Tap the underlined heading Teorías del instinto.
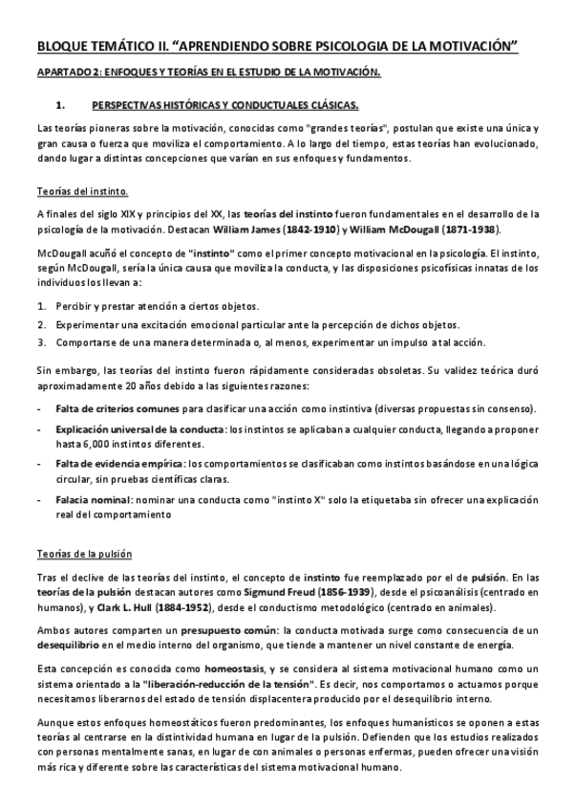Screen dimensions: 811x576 point(81,190)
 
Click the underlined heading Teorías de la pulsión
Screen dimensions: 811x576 point(84,554)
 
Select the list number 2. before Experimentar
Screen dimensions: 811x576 point(42,324)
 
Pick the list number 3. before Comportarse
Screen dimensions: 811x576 point(42,342)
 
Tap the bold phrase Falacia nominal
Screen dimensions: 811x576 point(94,499)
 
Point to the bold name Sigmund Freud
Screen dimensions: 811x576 point(285,594)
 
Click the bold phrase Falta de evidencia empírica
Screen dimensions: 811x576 point(119,463)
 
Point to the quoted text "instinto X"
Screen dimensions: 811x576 point(301,499)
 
